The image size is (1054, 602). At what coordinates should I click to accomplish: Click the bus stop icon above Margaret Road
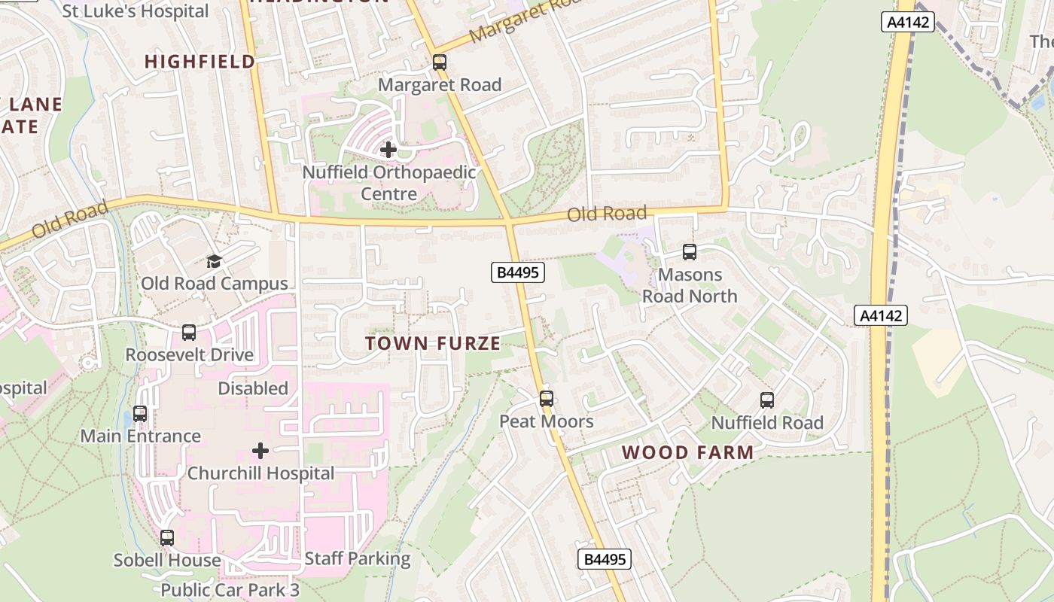[440, 62]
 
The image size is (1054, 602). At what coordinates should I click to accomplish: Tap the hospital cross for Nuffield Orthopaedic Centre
[388, 150]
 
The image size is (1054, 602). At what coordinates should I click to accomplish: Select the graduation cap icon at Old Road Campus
[215, 261]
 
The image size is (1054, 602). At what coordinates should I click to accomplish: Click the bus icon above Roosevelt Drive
[189, 332]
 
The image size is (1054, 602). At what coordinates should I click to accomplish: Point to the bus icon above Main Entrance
[140, 413]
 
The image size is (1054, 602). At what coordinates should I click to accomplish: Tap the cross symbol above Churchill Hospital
[260, 451]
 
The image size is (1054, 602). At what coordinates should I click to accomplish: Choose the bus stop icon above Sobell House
[167, 537]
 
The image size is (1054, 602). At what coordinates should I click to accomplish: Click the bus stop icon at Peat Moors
[547, 398]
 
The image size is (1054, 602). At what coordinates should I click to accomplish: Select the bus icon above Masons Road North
[690, 251]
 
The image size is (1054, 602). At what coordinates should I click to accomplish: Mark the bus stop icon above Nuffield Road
[767, 400]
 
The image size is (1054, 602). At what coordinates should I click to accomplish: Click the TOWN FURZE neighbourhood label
[433, 344]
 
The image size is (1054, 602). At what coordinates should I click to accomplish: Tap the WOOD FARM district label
[688, 452]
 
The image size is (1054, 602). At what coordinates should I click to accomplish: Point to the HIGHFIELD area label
[200, 62]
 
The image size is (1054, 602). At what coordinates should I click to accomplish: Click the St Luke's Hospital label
[136, 11]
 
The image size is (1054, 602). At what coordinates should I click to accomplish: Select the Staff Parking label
[358, 558]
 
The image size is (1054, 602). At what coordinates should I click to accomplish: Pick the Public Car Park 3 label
[230, 590]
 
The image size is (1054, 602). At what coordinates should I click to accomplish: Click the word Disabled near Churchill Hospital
[253, 388]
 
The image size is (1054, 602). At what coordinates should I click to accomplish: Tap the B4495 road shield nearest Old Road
[518, 272]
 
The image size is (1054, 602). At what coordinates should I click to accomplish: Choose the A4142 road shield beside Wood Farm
[881, 315]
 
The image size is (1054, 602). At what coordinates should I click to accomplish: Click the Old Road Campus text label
[215, 284]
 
